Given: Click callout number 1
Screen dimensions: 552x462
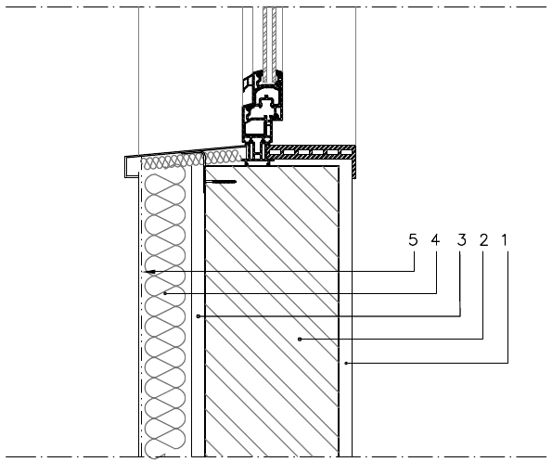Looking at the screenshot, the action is pyautogui.click(x=505, y=240).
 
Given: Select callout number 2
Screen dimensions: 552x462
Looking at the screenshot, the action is pyautogui.click(x=483, y=240).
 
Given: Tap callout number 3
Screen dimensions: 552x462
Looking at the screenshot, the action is pyautogui.click(x=461, y=240).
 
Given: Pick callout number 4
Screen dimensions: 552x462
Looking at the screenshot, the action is pyautogui.click(x=435, y=240).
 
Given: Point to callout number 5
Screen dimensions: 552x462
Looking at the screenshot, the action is pyautogui.click(x=413, y=240).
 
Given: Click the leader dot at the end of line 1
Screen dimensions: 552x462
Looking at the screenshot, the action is pyautogui.click(x=346, y=363).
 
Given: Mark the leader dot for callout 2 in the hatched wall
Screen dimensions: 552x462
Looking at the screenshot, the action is pyautogui.click(x=300, y=340).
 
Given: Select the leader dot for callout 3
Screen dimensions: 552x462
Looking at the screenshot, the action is pyautogui.click(x=199, y=316).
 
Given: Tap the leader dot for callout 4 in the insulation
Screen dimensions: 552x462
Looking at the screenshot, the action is pyautogui.click(x=165, y=293).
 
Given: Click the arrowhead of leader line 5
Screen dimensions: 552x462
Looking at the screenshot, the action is pyautogui.click(x=149, y=272).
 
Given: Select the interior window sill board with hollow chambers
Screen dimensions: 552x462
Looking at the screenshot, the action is pyautogui.click(x=311, y=152).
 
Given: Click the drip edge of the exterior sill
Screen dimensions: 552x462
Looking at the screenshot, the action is pyautogui.click(x=130, y=167).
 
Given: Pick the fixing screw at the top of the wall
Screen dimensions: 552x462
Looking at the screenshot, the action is pyautogui.click(x=221, y=182).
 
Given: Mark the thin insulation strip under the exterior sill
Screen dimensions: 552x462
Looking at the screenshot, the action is pyautogui.click(x=192, y=160).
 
